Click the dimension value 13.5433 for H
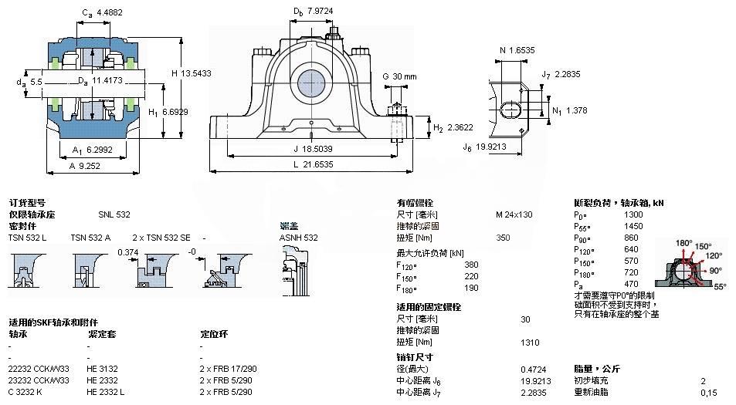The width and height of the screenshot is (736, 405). [x=195, y=73]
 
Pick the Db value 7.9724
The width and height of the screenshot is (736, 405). [x=324, y=11]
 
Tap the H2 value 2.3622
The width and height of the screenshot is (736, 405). [x=460, y=128]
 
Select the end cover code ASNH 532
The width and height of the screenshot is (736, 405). [x=298, y=238]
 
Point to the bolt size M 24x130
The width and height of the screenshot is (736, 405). [x=514, y=214]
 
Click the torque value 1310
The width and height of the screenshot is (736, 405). [x=530, y=342]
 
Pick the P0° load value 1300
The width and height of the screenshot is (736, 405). [x=633, y=214]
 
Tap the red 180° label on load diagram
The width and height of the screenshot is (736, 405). [x=684, y=243]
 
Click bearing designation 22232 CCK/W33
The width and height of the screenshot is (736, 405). [x=39, y=369]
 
